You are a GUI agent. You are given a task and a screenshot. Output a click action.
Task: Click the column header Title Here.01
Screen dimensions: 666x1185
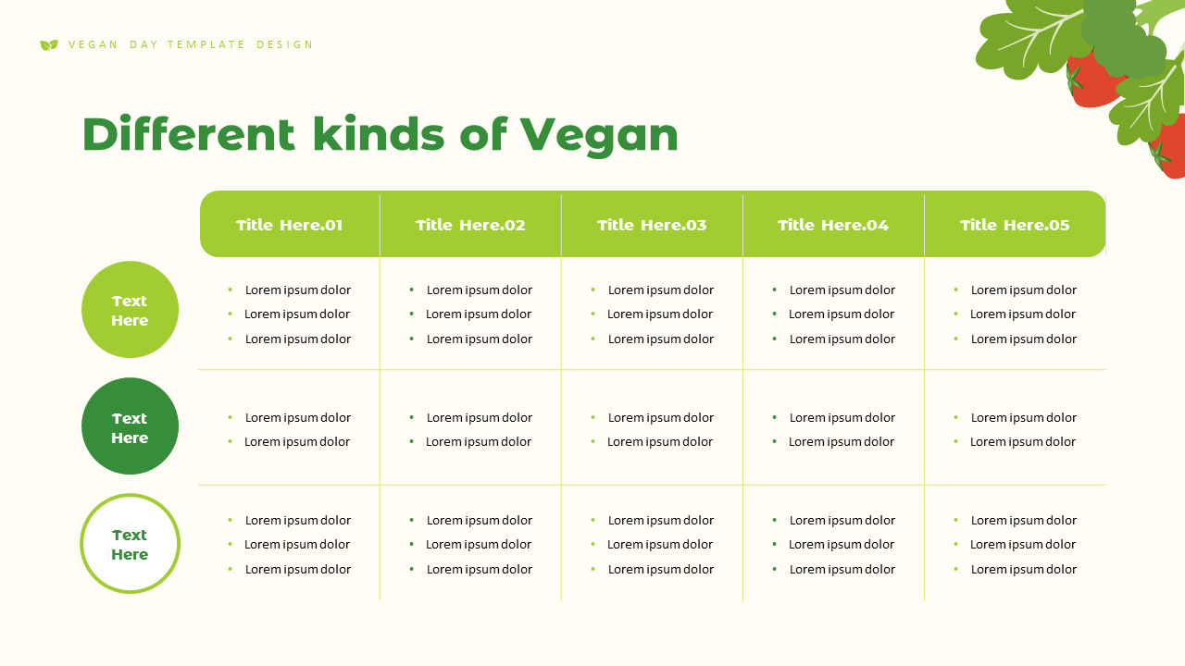coord(289,225)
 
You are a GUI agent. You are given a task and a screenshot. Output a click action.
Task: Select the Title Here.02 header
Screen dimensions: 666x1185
coord(470,225)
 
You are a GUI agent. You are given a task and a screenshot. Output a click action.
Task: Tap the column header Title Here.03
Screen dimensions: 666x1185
coord(652,225)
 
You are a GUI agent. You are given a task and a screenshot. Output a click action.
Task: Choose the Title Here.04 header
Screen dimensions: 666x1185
coord(833,225)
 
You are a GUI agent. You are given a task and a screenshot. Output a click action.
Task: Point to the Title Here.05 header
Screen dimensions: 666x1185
coord(1015,225)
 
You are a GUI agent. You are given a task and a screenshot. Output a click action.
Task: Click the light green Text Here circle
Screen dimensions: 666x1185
coord(130,310)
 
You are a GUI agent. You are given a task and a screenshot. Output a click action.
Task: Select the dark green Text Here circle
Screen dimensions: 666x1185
coord(130,426)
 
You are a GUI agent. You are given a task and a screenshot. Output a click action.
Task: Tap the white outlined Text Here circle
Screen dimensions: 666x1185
coord(130,544)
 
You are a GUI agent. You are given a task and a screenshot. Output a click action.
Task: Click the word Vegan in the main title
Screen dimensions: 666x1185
coord(599,135)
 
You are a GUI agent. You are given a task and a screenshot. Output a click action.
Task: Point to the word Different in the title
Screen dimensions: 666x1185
coord(189,135)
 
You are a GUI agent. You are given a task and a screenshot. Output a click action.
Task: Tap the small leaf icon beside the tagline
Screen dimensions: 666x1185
coord(49,44)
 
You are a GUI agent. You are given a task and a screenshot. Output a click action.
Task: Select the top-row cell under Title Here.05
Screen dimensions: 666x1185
coord(1015,314)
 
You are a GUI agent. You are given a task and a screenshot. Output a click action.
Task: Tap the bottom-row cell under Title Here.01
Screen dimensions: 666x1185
coord(289,545)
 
